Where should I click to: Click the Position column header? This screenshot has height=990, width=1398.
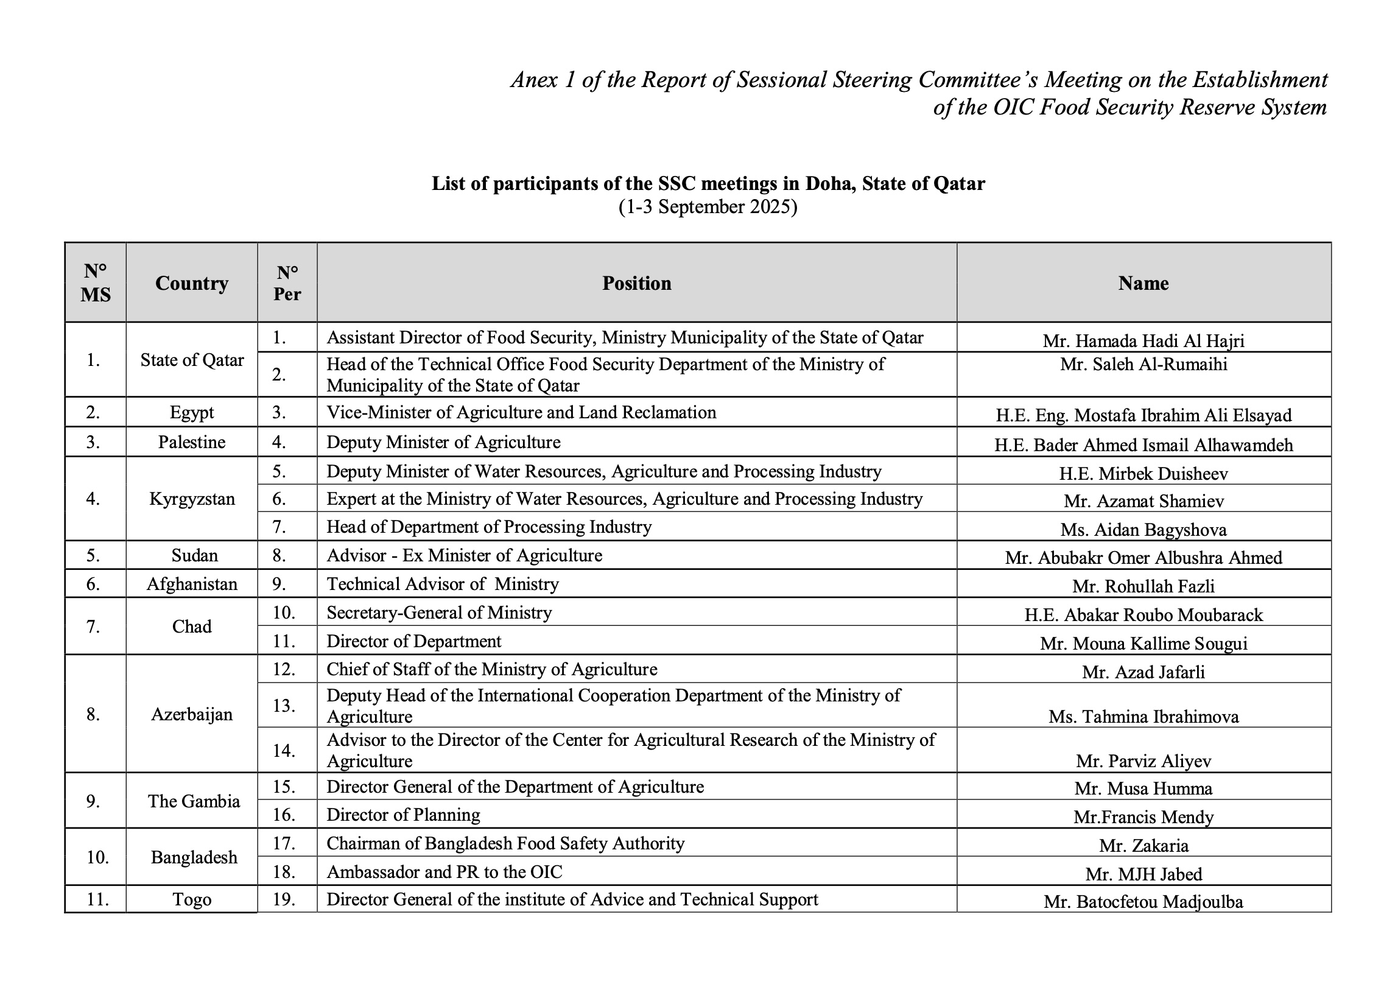pyautogui.click(x=636, y=283)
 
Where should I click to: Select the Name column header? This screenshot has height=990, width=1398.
pyautogui.click(x=1143, y=283)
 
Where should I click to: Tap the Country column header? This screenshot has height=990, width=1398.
pyautogui.click(x=191, y=283)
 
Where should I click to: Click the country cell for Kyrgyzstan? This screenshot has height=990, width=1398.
pyautogui.click(x=191, y=499)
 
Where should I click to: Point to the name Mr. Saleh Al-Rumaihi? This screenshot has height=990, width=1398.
pyautogui.click(x=1143, y=365)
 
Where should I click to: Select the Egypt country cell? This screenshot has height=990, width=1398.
pyautogui.click(x=191, y=413)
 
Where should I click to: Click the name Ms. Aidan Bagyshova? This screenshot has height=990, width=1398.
pyautogui.click(x=1143, y=530)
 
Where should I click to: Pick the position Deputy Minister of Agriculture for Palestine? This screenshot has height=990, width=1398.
pyautogui.click(x=443, y=442)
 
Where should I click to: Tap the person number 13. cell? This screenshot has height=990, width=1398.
pyautogui.click(x=284, y=705)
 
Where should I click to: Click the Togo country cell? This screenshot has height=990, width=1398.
pyautogui.click(x=191, y=900)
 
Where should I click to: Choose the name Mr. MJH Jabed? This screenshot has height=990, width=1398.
pyautogui.click(x=1143, y=874)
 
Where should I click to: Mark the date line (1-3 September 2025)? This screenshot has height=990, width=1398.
pyautogui.click(x=708, y=207)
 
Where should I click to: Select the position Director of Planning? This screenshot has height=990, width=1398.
pyautogui.click(x=403, y=815)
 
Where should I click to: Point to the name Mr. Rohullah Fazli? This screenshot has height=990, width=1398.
pyautogui.click(x=1143, y=586)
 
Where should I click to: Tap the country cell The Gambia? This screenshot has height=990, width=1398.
pyautogui.click(x=194, y=801)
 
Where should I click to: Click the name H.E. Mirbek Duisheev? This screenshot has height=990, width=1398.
pyautogui.click(x=1143, y=474)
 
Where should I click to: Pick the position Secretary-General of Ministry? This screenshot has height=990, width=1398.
pyautogui.click(x=439, y=612)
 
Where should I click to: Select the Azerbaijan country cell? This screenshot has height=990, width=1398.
pyautogui.click(x=191, y=714)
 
